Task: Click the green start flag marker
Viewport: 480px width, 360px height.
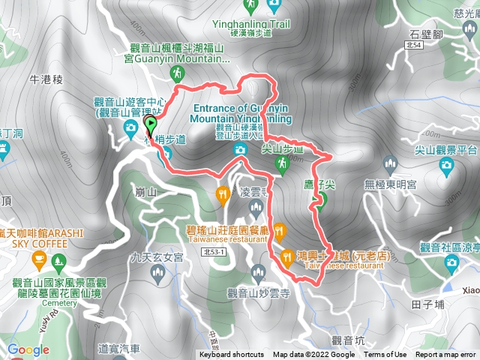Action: [x=150, y=125]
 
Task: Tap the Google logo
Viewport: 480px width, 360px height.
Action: [x=28, y=349]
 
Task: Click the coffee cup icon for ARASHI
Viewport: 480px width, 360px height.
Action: [x=37, y=259]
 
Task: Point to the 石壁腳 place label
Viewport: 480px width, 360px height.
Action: [x=425, y=34]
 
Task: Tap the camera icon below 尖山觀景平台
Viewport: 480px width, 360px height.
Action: [x=446, y=165]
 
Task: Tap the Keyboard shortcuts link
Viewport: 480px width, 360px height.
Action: [x=231, y=355]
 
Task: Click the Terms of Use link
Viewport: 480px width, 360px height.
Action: [x=385, y=355]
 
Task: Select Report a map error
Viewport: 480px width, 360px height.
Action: [x=447, y=355]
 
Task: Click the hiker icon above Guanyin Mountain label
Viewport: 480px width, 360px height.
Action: [x=177, y=73]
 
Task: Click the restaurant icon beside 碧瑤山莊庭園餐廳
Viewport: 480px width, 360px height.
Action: [x=279, y=229]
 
